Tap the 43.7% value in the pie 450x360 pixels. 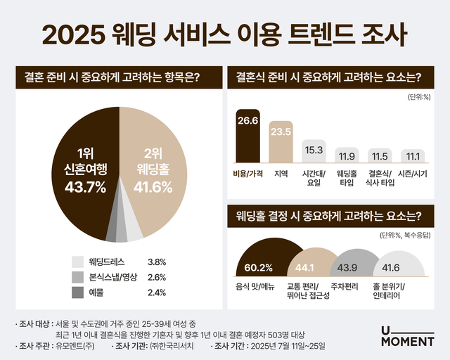click(82, 186)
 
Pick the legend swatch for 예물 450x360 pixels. click(78, 292)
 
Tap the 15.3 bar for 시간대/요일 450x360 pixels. click(314, 150)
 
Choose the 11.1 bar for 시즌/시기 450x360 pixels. click(411, 155)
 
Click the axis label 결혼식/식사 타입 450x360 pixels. click(378, 178)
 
